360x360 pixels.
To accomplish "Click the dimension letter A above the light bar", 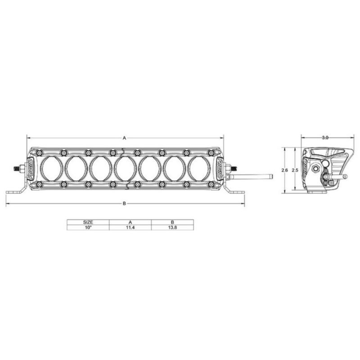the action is pos(125,138).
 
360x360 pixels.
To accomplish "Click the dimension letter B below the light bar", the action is pos(125,203).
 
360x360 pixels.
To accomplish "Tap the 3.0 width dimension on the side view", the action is pos(325,138).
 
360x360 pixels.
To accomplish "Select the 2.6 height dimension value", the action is pos(285,171).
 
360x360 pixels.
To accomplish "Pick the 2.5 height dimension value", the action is pos(295,171).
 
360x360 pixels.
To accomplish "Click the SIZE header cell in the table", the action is pos(88,222).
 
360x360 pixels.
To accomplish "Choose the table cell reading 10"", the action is pos(88,228).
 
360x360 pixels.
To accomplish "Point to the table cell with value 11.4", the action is pos(130,228).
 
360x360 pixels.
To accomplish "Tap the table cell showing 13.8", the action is pos(172,228).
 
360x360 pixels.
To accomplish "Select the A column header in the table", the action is pos(130,222).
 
